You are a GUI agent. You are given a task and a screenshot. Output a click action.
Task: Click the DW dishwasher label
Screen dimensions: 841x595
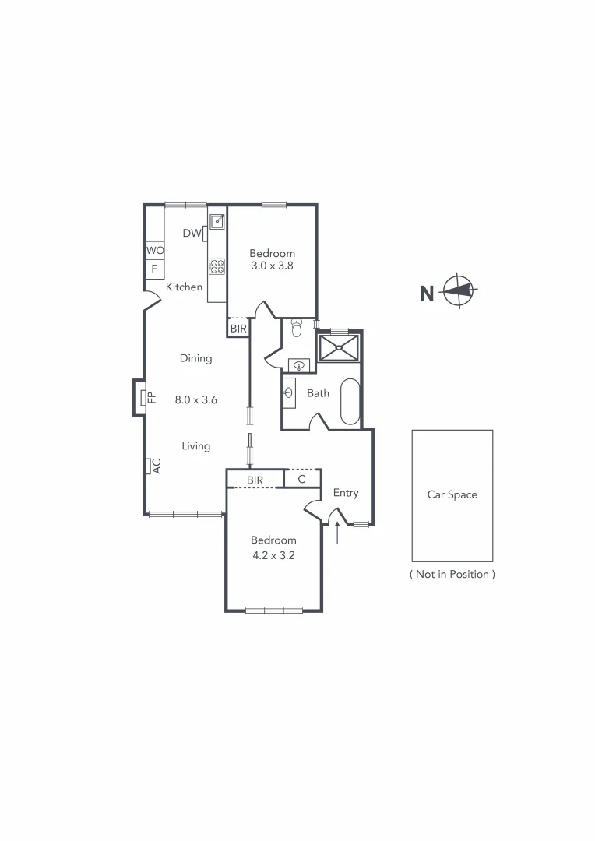pyautogui.click(x=192, y=233)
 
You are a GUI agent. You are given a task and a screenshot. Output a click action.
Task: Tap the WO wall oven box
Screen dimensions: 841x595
pyautogui.click(x=155, y=251)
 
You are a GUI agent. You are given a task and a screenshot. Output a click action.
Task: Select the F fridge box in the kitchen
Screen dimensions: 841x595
pyautogui.click(x=155, y=269)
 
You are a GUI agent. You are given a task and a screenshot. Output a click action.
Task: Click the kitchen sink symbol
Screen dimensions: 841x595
pyautogui.click(x=217, y=222)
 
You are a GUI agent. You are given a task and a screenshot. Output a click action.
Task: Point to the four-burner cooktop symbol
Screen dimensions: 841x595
pyautogui.click(x=217, y=267)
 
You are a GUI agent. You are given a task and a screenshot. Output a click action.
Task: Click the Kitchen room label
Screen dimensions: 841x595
pyautogui.click(x=185, y=287)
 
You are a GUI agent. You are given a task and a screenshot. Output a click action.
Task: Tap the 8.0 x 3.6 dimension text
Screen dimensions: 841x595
pyautogui.click(x=195, y=399)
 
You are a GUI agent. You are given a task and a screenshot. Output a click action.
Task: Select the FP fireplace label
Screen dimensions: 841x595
pyautogui.click(x=152, y=397)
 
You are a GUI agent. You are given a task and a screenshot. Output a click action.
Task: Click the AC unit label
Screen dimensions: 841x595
pyautogui.click(x=156, y=466)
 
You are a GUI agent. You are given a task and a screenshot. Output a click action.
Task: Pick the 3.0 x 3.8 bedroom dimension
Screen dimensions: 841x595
pyautogui.click(x=272, y=266)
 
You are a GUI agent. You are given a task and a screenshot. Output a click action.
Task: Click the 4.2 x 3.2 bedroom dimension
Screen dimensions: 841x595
pyautogui.click(x=273, y=555)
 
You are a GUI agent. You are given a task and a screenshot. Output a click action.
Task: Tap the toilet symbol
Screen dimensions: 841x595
pyautogui.click(x=296, y=328)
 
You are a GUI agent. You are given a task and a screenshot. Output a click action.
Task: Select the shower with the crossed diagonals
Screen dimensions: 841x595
pyautogui.click(x=339, y=347)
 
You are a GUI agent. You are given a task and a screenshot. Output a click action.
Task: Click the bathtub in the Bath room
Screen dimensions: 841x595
pyautogui.click(x=350, y=401)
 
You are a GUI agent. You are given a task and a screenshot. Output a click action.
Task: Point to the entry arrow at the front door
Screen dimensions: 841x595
pyautogui.click(x=337, y=534)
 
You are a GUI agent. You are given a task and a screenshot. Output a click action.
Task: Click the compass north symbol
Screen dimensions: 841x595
pyautogui.click(x=458, y=292)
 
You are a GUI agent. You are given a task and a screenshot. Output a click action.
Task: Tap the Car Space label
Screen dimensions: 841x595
pyautogui.click(x=452, y=494)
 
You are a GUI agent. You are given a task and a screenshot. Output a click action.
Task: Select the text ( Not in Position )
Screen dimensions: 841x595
pyautogui.click(x=452, y=574)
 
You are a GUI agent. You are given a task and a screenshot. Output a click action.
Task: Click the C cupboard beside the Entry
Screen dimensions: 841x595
pyautogui.click(x=301, y=479)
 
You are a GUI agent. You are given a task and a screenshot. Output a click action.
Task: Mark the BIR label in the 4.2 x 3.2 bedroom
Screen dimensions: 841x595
pyautogui.click(x=255, y=480)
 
